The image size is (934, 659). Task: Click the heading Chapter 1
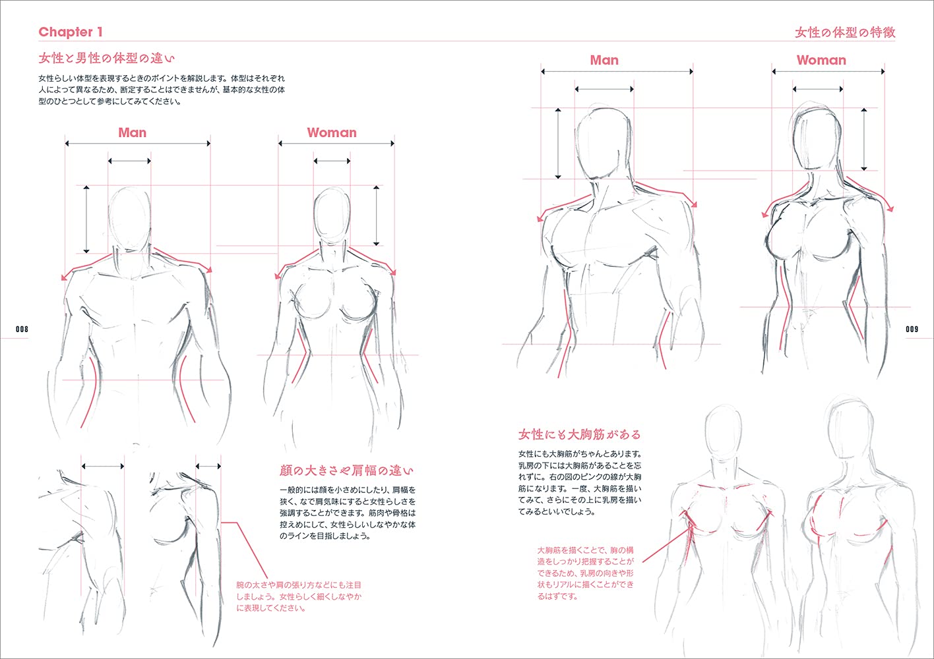[71, 32]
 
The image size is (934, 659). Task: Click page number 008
[22, 329]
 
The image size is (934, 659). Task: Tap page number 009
[912, 329]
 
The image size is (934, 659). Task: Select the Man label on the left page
[132, 132]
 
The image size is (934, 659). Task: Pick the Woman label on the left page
[332, 132]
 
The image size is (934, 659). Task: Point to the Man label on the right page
[604, 60]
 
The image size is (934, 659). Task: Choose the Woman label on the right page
[821, 60]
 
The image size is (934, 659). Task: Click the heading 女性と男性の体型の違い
[106, 58]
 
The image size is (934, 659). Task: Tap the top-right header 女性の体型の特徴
[845, 32]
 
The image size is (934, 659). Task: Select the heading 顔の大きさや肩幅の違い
[346, 471]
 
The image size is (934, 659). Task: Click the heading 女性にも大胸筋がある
[580, 434]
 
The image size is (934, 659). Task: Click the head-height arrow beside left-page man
[86, 219]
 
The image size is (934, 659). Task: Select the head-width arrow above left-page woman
[332, 161]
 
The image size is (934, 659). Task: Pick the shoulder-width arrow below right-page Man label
[617, 72]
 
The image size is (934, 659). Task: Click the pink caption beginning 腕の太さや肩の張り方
[299, 596]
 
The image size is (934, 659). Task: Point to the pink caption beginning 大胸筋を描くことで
[586, 573]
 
